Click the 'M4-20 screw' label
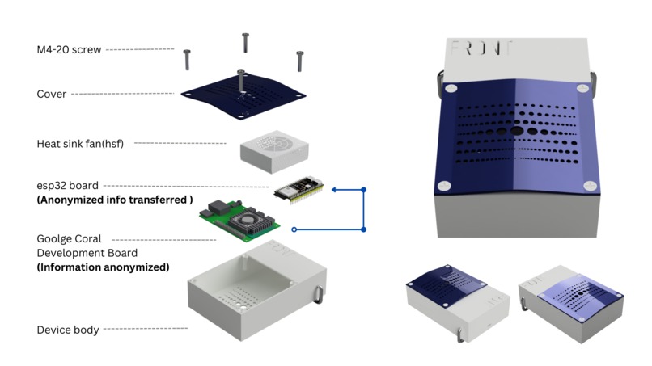click(x=69, y=50)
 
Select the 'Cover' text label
click(x=52, y=95)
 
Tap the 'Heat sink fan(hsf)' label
click(x=80, y=144)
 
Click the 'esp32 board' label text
click(x=67, y=186)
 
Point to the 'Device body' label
click(x=68, y=330)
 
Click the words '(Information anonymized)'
click(x=103, y=267)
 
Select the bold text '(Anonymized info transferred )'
click(x=115, y=200)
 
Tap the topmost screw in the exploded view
click(x=245, y=43)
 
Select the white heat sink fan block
click(x=274, y=148)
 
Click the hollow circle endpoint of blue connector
click(x=294, y=229)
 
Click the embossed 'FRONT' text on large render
click(x=482, y=48)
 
